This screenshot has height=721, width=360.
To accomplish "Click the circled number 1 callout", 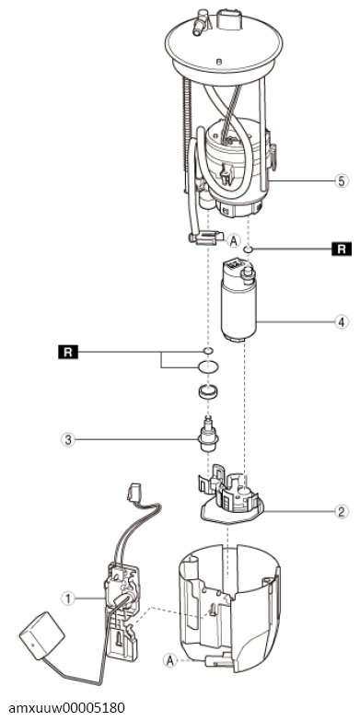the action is click(67, 599).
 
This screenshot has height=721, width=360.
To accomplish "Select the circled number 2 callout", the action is click(341, 511).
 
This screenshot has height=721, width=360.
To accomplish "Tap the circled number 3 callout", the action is click(67, 439).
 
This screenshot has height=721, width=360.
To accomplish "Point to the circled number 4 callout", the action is click(341, 322).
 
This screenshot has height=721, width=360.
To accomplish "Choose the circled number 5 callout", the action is click(341, 181).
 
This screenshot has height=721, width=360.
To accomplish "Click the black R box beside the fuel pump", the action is click(342, 250).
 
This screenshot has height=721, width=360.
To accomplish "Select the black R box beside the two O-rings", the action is click(67, 353).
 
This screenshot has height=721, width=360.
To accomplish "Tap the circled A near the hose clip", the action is click(234, 240).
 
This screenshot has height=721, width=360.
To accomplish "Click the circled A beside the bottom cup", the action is click(169, 660).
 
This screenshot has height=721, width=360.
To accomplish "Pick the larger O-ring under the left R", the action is click(208, 366).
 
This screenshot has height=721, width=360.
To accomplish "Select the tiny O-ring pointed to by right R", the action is click(248, 250).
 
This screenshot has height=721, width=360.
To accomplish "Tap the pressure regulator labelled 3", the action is click(208, 436).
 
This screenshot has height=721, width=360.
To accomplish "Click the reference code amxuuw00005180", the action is click(66, 707).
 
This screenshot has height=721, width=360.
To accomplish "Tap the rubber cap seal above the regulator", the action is click(208, 394).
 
